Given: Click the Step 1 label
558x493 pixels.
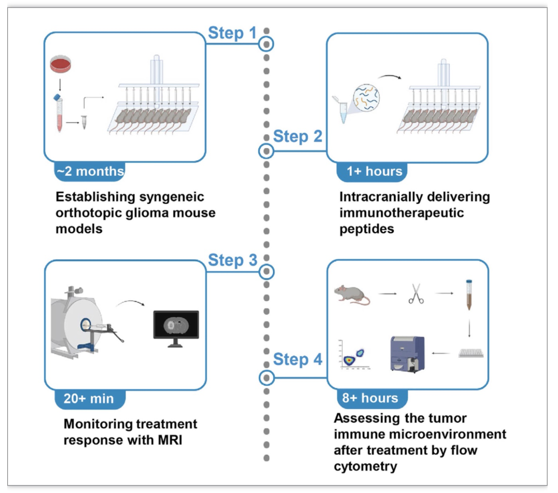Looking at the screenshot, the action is [232, 33].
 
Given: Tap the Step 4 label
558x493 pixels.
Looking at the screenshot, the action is [297, 359].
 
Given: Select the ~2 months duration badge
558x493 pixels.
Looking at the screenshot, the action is [89, 172].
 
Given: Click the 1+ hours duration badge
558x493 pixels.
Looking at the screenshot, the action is [372, 172].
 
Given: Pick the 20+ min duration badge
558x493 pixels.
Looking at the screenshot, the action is [90, 399].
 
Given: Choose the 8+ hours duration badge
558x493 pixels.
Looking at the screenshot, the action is [372, 398].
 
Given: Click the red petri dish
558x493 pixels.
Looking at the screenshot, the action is [61, 64].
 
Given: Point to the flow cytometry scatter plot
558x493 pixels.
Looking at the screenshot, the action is [354, 355].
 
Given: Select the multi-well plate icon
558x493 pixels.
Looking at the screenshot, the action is [471, 353].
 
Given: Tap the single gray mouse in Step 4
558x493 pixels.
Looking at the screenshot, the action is [352, 295].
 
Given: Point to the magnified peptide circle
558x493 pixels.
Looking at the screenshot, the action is [366, 97].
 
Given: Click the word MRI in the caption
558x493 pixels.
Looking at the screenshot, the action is [170, 440].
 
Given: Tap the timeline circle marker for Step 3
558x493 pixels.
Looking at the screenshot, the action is [266, 272].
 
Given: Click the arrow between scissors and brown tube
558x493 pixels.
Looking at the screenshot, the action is [444, 293].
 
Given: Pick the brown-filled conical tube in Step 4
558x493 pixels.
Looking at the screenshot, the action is [469, 295].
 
